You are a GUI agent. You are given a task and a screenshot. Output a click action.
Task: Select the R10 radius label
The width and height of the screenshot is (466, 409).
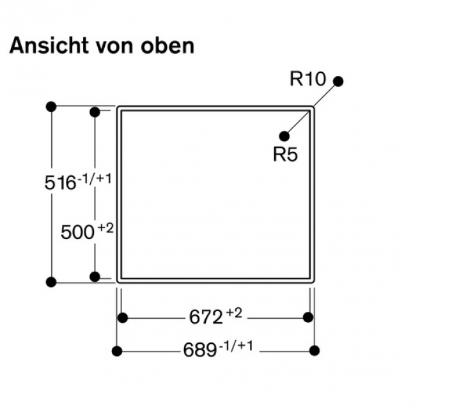[x=307, y=79]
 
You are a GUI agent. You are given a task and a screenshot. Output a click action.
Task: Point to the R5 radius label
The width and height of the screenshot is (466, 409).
[x=285, y=155]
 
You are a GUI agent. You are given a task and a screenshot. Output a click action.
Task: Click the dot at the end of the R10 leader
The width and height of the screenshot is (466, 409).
[x=338, y=81]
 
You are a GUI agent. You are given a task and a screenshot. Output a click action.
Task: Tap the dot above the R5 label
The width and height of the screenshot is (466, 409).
[x=284, y=136]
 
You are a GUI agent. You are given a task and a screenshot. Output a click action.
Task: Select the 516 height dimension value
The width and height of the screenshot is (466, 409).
[x=60, y=183]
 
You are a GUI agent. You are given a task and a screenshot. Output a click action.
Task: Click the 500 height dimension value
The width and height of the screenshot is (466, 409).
[x=77, y=232]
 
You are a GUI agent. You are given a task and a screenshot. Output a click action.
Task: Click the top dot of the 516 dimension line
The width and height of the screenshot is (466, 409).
[x=51, y=106]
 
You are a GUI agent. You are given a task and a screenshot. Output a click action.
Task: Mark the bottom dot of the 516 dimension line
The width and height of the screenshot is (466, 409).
[x=51, y=282]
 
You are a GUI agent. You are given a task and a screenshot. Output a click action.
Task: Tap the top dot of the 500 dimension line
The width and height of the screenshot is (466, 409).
[x=95, y=112]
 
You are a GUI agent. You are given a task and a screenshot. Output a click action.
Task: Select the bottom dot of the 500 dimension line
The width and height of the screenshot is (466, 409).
[x=95, y=277]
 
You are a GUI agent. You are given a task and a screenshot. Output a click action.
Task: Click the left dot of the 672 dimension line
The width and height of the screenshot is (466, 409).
[x=123, y=318]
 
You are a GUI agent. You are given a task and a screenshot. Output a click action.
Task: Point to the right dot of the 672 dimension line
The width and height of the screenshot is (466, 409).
[x=307, y=318]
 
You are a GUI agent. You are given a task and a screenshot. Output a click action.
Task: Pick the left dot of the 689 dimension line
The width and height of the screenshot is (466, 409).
[x=116, y=350]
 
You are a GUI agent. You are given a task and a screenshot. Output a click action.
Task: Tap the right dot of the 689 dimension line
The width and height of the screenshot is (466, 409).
[x=314, y=350]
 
